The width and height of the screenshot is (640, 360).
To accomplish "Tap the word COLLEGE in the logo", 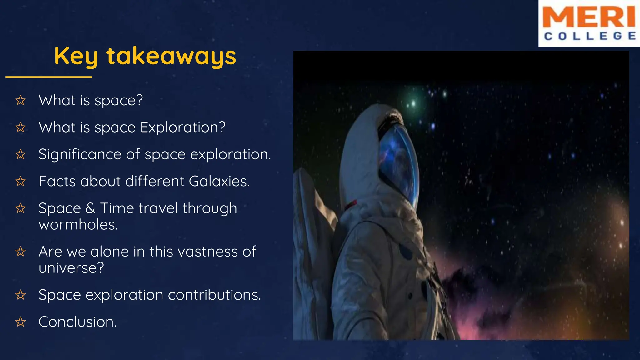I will coord(590,36).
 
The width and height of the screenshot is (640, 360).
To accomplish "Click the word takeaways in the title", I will coord(171,56).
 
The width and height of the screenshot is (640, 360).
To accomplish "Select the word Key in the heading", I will coord(76,56).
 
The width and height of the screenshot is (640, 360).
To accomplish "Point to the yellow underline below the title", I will coord(49,77).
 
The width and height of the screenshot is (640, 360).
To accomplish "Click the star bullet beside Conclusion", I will coord(21,322).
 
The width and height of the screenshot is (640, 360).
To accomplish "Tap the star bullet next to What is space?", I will coord(21,100).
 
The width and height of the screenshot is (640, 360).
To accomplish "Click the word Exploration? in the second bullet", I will coord(182,127).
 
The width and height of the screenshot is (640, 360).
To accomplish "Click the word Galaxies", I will coord(219,181).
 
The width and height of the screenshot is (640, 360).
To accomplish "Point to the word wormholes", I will coord(78,225).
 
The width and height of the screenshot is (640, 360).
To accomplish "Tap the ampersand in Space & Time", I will coord(90,208).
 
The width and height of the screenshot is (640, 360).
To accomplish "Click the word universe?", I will coord(71,268).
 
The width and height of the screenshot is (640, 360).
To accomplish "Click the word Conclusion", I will coord(77,322).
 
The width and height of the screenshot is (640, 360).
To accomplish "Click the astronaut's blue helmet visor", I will coord(398,162).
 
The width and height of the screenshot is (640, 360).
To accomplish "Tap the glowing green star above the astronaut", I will coord(413,103).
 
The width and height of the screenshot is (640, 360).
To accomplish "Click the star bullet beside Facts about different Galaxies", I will coord(21,181).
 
